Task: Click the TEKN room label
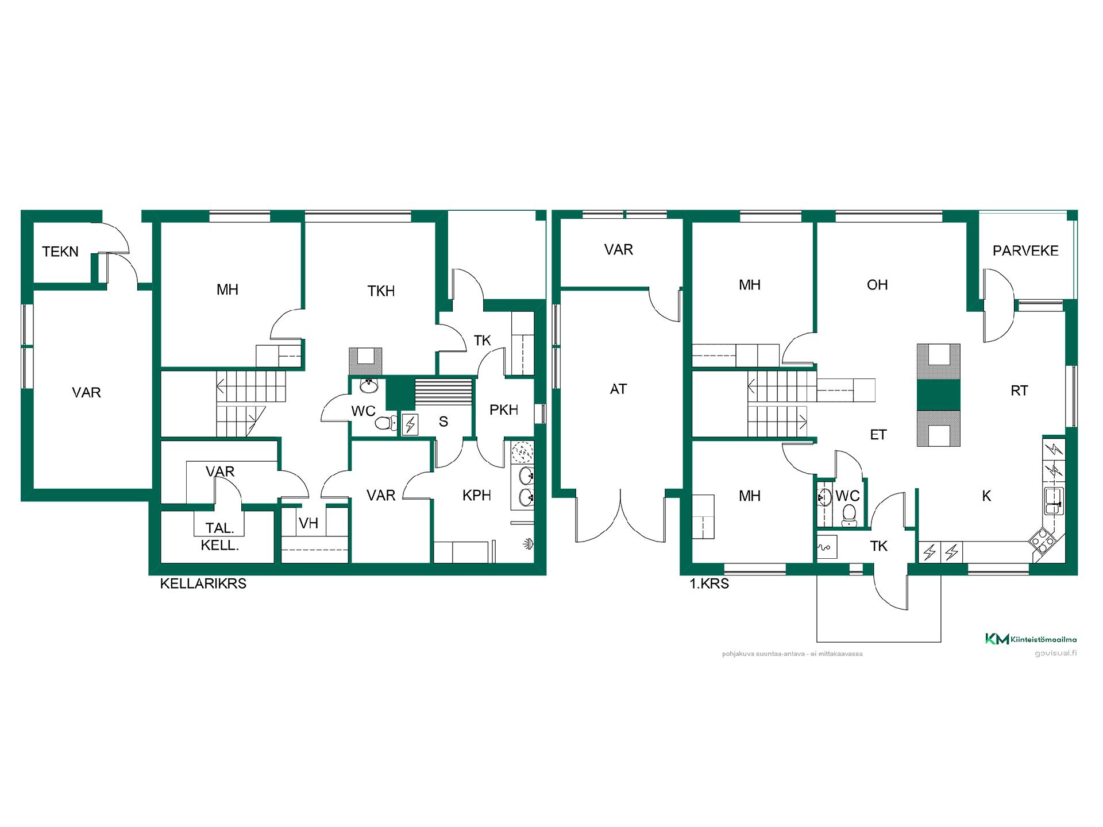pos(60,252)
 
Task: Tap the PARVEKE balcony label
pos(1025,250)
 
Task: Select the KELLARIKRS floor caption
pos(203,583)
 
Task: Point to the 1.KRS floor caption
pos(709,584)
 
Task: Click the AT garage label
pos(618,389)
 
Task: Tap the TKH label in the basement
pos(381,291)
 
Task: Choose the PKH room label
pos(504,409)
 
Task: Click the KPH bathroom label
pos(477,495)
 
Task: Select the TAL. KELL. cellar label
pos(220,536)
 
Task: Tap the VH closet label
pos(308,523)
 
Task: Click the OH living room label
pos(877,285)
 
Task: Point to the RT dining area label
pos(1019,391)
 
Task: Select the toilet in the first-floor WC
pos(849,515)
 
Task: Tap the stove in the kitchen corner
pos(1042,540)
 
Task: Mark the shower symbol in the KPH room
pos(528,543)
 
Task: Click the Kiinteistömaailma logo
pos(1031,639)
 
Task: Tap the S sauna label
pos(443,422)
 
